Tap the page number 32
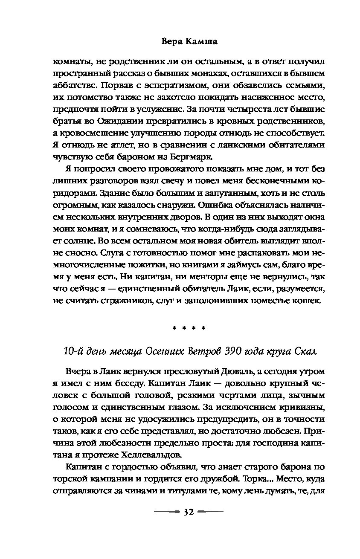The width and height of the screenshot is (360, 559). (188, 511)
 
